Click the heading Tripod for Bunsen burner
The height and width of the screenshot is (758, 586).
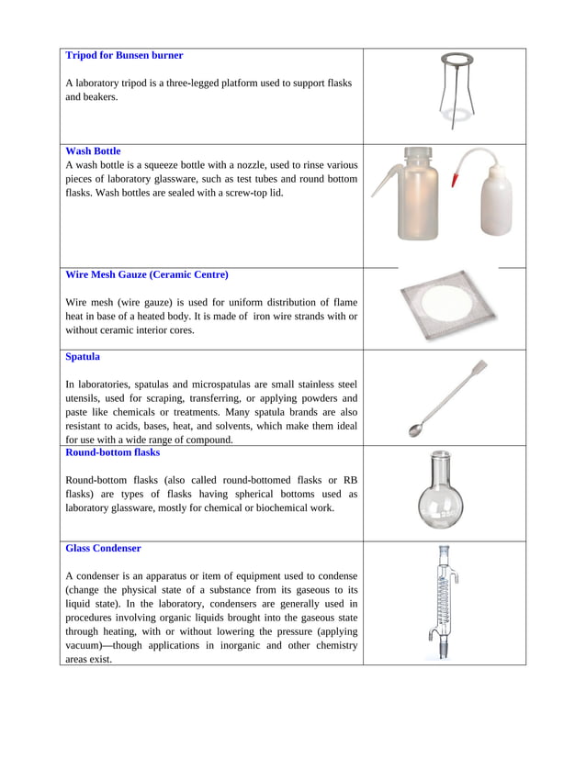124,56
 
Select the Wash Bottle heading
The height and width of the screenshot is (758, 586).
93,151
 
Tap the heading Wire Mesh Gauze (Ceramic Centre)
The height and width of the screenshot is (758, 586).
147,274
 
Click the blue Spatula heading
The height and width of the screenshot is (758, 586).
83,356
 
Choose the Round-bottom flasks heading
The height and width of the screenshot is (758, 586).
112,452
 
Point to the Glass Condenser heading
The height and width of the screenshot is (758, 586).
103,549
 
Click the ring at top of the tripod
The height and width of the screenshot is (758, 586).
451,61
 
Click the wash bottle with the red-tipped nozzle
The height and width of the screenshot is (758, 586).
494,205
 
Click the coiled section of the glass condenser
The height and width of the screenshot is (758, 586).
444,601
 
